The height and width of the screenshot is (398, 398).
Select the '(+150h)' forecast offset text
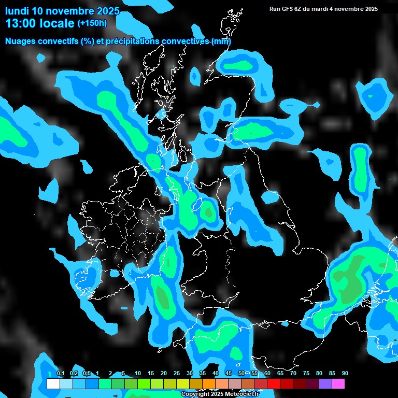tap(92, 23)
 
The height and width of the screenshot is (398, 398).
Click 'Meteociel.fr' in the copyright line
tap(241, 394)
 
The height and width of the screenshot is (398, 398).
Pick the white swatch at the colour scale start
tap(53, 384)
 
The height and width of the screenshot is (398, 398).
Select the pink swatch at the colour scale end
tap(338, 384)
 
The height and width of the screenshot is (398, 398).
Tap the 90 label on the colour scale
tap(345, 373)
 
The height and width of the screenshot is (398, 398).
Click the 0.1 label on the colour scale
tap(60, 373)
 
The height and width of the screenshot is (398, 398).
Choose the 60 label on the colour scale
tap(267, 373)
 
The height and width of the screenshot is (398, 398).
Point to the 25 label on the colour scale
tap(177, 373)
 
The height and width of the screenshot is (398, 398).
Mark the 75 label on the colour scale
tap(306, 373)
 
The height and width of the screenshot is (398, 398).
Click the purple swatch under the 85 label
tap(325, 384)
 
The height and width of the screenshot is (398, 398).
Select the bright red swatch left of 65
tap(274, 384)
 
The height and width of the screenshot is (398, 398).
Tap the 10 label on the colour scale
tap(138, 373)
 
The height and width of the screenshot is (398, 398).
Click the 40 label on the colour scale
tap(216, 373)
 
